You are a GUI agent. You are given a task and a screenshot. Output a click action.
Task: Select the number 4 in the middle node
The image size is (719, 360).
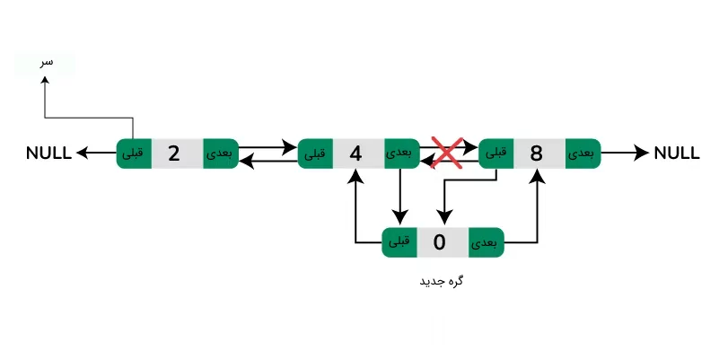click(x=355, y=154)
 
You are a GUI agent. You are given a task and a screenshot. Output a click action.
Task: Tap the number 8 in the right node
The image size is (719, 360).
click(x=537, y=154)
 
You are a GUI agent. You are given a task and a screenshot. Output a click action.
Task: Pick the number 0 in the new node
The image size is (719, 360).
click(x=439, y=241)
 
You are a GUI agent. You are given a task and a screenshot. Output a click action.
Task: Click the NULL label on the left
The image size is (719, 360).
click(x=48, y=154)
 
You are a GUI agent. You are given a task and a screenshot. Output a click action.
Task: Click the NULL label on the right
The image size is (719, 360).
click(x=677, y=154)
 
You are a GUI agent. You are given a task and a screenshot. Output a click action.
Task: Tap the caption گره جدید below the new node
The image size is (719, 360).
click(x=441, y=281)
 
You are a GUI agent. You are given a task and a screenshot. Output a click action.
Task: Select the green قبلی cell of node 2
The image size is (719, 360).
click(x=133, y=154)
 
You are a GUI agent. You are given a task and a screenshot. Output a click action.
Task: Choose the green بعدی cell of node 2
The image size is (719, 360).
click(x=219, y=154)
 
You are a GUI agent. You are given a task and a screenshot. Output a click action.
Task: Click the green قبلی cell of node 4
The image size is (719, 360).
click(x=315, y=154)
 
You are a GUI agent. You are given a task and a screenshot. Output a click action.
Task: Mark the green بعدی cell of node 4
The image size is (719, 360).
click(x=401, y=154)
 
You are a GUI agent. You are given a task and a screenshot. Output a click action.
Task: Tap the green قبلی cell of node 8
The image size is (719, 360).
click(x=496, y=154)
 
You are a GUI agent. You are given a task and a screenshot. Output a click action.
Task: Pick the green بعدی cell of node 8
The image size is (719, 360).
click(x=583, y=154)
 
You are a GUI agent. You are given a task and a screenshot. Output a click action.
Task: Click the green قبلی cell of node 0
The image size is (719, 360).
click(x=399, y=241)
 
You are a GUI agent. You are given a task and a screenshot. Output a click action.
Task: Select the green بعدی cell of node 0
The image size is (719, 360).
click(x=485, y=241)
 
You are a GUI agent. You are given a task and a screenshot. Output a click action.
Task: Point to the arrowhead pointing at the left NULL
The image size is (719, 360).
click(x=81, y=154)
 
